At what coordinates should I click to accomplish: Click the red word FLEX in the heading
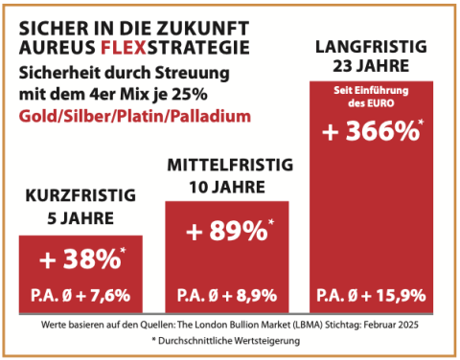coord(124,48)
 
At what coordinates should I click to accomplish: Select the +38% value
coord(80,259)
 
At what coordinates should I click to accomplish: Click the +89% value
coord(227,231)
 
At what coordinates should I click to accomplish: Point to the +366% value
coord(371,131)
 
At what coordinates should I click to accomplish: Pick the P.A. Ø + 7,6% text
coord(80,295)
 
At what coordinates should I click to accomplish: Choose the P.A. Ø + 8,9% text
coord(227,295)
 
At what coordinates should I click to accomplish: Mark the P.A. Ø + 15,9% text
coord(371,295)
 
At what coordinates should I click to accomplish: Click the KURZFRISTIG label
coord(80,195)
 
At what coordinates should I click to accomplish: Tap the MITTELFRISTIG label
coord(230,165)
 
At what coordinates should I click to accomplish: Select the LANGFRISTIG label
coord(371,47)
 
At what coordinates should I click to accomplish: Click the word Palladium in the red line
coord(211,116)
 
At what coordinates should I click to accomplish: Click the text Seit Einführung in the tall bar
coord(371,90)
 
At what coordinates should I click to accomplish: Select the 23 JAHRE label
coord(371,66)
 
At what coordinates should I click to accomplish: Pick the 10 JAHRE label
coord(227,187)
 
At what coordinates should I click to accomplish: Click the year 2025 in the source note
coord(408,325)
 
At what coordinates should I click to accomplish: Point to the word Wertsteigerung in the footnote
coord(267,341)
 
